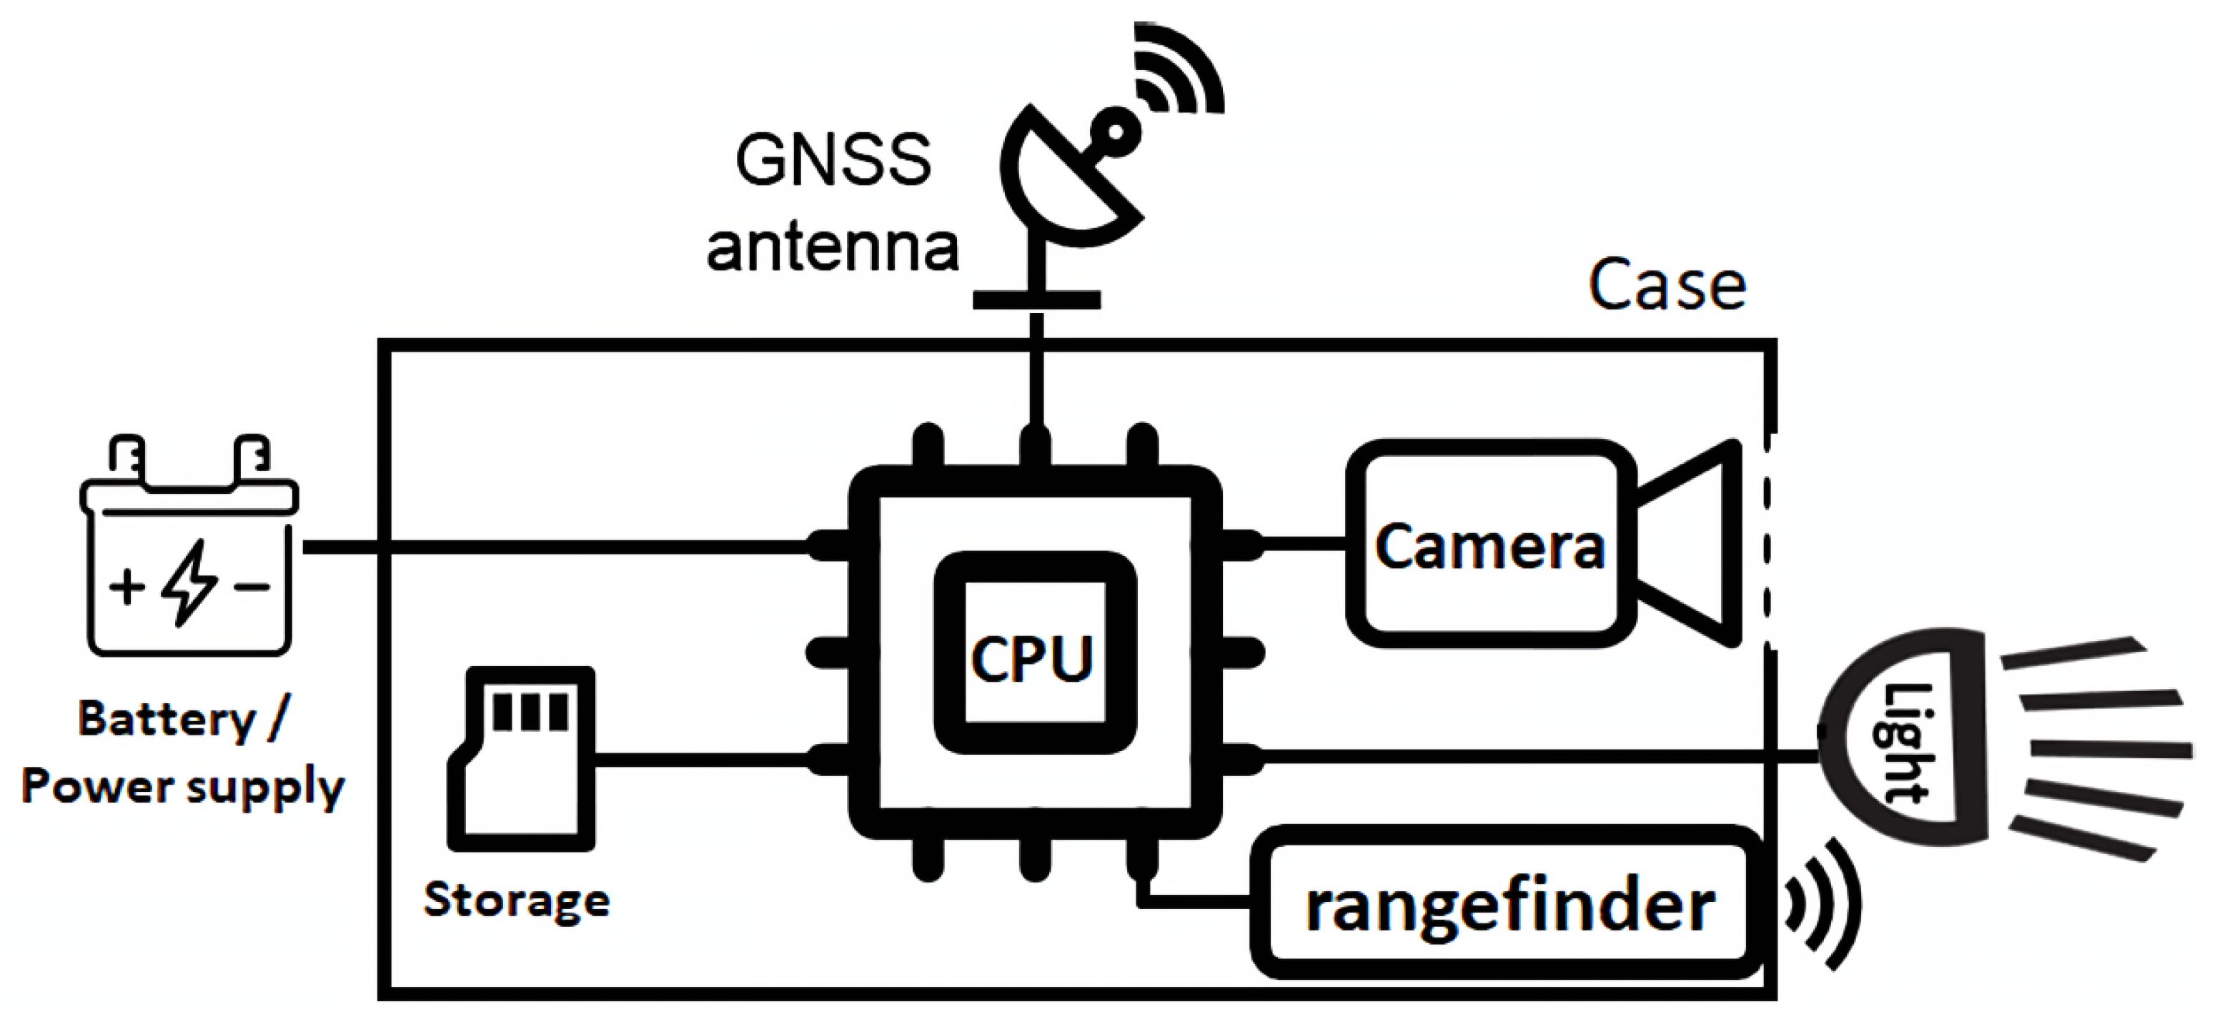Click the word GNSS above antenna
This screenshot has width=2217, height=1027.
tap(832, 161)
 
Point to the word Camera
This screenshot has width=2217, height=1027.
tap(1489, 547)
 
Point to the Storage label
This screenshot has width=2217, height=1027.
tap(517, 901)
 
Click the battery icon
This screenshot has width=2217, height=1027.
tap(189, 551)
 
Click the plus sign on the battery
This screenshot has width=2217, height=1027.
tap(127, 587)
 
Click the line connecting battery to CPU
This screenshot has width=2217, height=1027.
tap(560, 547)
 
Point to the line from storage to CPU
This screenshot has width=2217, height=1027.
tap(701, 759)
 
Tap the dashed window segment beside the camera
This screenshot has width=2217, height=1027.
tap(1767, 542)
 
